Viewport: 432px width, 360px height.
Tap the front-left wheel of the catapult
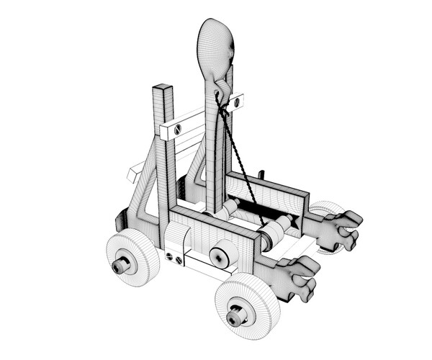click(x=132, y=257)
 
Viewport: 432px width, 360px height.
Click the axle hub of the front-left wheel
click(x=121, y=266)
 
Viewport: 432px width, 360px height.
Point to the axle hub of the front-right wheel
click(x=235, y=315)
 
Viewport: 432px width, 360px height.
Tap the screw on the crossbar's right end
click(x=235, y=102)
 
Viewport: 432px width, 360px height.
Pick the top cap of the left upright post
click(x=163, y=89)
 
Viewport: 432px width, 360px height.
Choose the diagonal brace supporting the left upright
click(x=147, y=180)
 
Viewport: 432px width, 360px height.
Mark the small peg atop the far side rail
click(x=262, y=174)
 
